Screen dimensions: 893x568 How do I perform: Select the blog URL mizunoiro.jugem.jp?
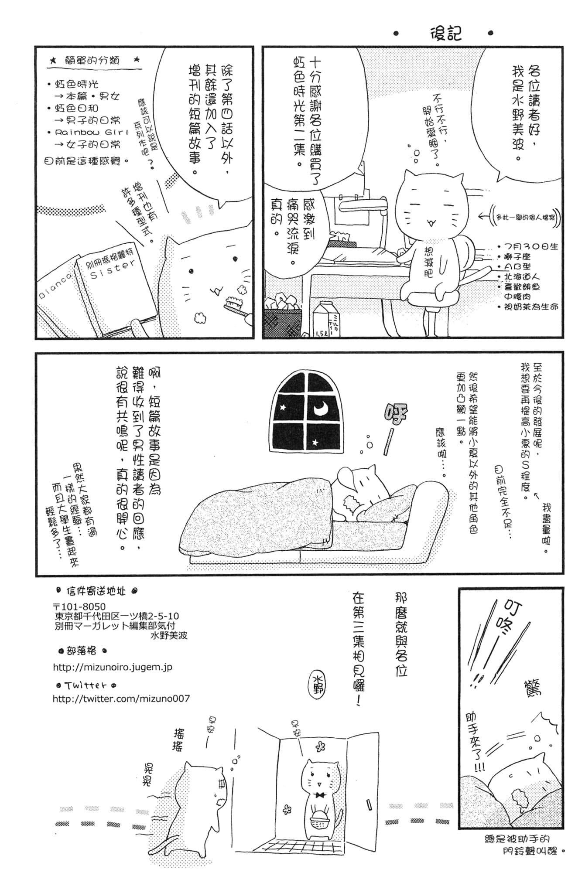113,667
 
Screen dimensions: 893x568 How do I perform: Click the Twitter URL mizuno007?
121,699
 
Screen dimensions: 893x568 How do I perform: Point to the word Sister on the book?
112,269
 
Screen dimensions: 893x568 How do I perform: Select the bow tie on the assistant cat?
322,795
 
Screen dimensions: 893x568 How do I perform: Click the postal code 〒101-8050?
79,607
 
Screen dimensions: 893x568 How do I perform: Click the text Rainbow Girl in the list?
92,132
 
